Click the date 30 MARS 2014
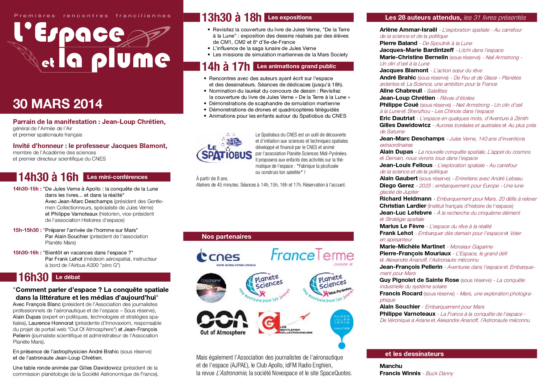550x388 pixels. (58, 104)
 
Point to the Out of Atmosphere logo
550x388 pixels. (222, 323)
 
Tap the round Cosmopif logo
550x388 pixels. (211, 288)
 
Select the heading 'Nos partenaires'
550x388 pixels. (226, 237)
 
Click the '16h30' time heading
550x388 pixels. (34, 277)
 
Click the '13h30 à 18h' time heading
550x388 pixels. (231, 18)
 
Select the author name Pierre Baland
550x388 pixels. (398, 43)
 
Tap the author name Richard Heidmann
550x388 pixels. (405, 199)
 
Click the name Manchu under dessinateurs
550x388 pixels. (391, 366)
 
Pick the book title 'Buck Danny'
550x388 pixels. (439, 373)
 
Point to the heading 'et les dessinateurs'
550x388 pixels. (414, 354)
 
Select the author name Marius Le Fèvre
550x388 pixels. (402, 226)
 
